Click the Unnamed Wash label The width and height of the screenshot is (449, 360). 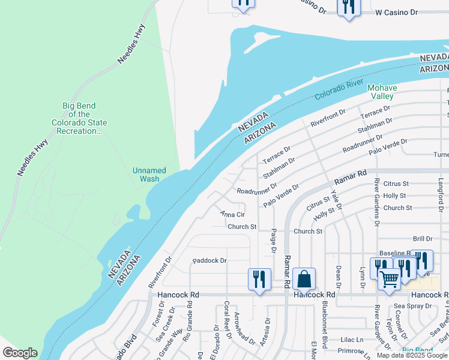click(146, 175)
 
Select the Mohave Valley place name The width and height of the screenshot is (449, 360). click(381, 92)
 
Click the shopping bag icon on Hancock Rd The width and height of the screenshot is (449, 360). click(304, 280)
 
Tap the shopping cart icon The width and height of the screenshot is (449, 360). click(389, 280)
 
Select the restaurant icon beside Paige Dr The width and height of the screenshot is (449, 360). click(259, 280)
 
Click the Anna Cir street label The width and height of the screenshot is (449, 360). click(232, 214)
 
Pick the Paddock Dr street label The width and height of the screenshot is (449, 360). click(209, 261)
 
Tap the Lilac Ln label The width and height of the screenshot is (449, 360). click(352, 339)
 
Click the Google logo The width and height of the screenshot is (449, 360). click(20, 353)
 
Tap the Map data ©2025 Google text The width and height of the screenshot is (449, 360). click(411, 355)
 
